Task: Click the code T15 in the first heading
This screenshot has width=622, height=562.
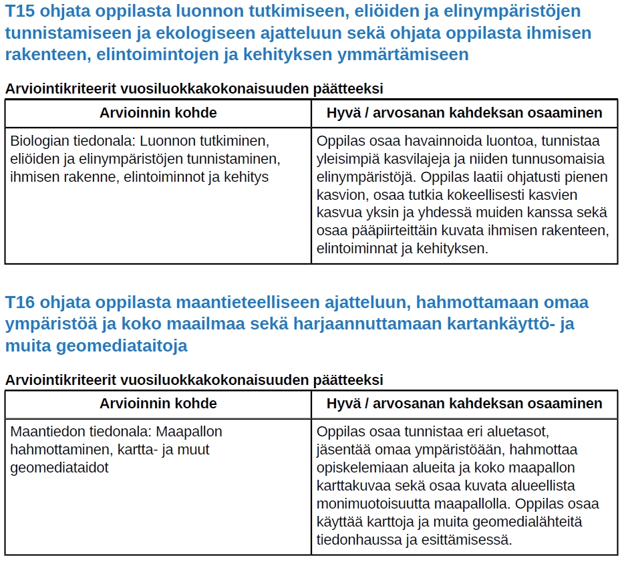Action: [x=19, y=11]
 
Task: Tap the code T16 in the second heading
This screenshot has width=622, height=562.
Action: [x=19, y=303]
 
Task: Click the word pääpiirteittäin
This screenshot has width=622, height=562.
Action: [x=395, y=231]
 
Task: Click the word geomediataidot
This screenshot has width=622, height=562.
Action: [x=59, y=468]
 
